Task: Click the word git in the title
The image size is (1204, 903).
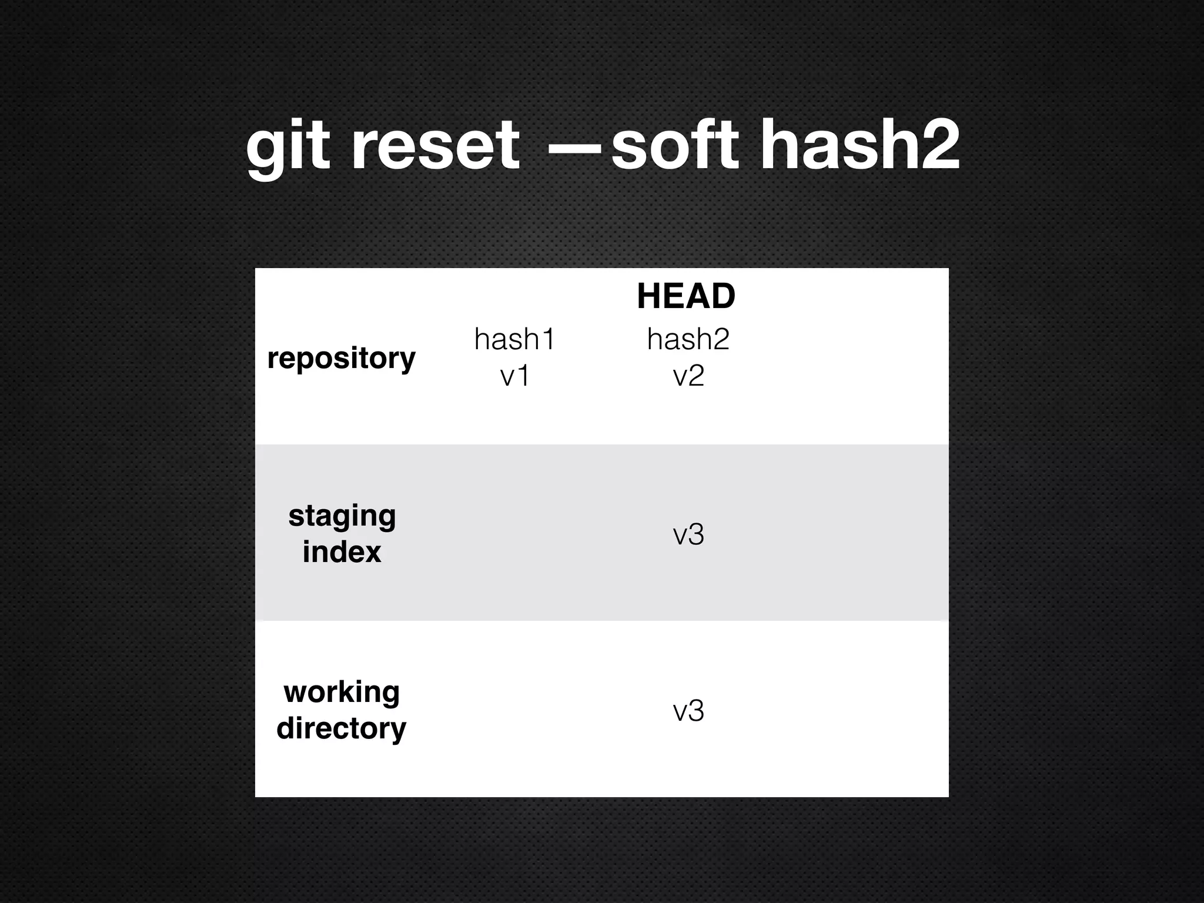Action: point(286,146)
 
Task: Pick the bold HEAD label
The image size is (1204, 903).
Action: point(686,296)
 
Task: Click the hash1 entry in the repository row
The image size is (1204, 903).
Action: point(514,339)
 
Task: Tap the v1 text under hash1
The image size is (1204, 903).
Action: point(514,376)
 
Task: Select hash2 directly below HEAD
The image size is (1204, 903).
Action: point(688,339)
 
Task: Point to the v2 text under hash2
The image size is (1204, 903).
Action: point(688,376)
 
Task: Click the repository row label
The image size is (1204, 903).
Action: point(341,358)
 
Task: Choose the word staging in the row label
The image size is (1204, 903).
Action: point(342,517)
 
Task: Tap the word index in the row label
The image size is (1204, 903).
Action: point(342,552)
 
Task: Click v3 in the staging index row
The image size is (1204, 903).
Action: point(688,534)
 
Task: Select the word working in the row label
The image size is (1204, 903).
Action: point(342,693)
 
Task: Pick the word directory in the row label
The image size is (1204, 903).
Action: point(342,728)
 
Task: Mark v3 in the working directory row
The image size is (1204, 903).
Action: point(688,711)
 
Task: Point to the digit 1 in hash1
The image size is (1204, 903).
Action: point(548,339)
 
